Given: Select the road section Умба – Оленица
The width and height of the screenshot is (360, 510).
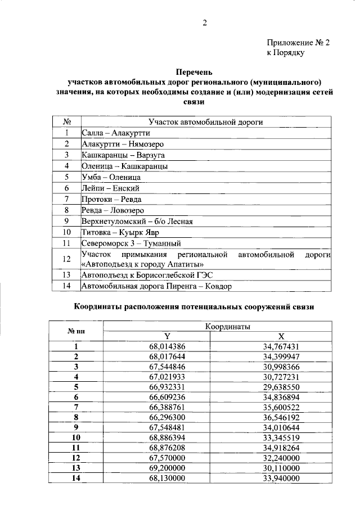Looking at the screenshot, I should tap(111, 177).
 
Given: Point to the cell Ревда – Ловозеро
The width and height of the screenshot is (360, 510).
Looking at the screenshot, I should tap(112, 210).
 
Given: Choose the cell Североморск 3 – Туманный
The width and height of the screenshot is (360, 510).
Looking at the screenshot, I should tap(130, 243).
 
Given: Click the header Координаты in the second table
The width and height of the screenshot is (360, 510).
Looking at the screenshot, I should tap(227, 326).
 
